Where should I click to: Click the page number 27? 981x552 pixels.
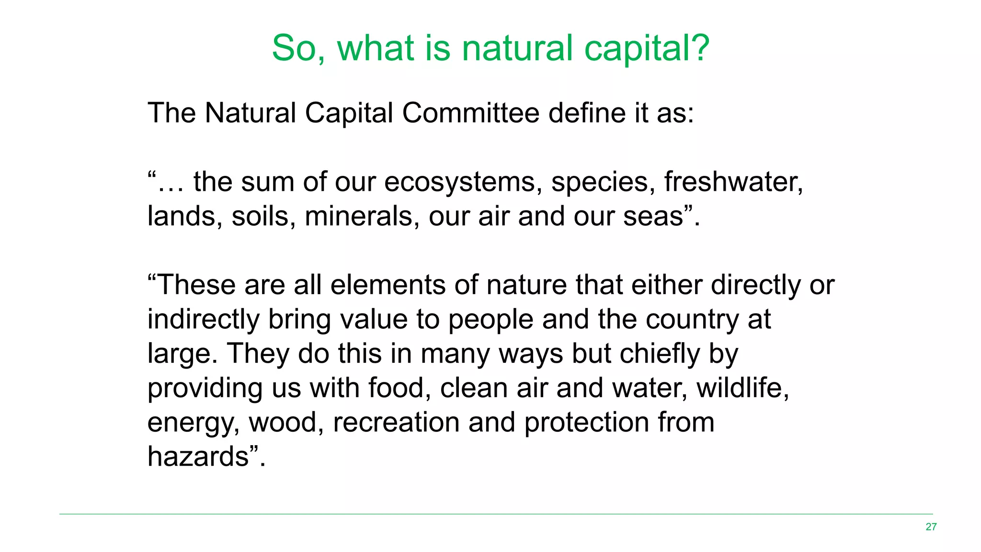(x=931, y=527)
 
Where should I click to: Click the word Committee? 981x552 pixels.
(x=470, y=113)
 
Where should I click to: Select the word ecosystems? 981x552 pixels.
(x=460, y=183)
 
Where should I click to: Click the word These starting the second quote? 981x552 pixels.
(x=196, y=285)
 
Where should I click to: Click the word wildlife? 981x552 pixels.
(x=742, y=388)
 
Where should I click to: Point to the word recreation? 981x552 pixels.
(x=396, y=422)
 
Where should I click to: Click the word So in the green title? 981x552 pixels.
(x=298, y=48)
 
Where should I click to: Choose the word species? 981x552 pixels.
(x=603, y=183)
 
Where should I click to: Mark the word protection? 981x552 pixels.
(x=586, y=422)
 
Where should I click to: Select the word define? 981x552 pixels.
(x=587, y=113)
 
